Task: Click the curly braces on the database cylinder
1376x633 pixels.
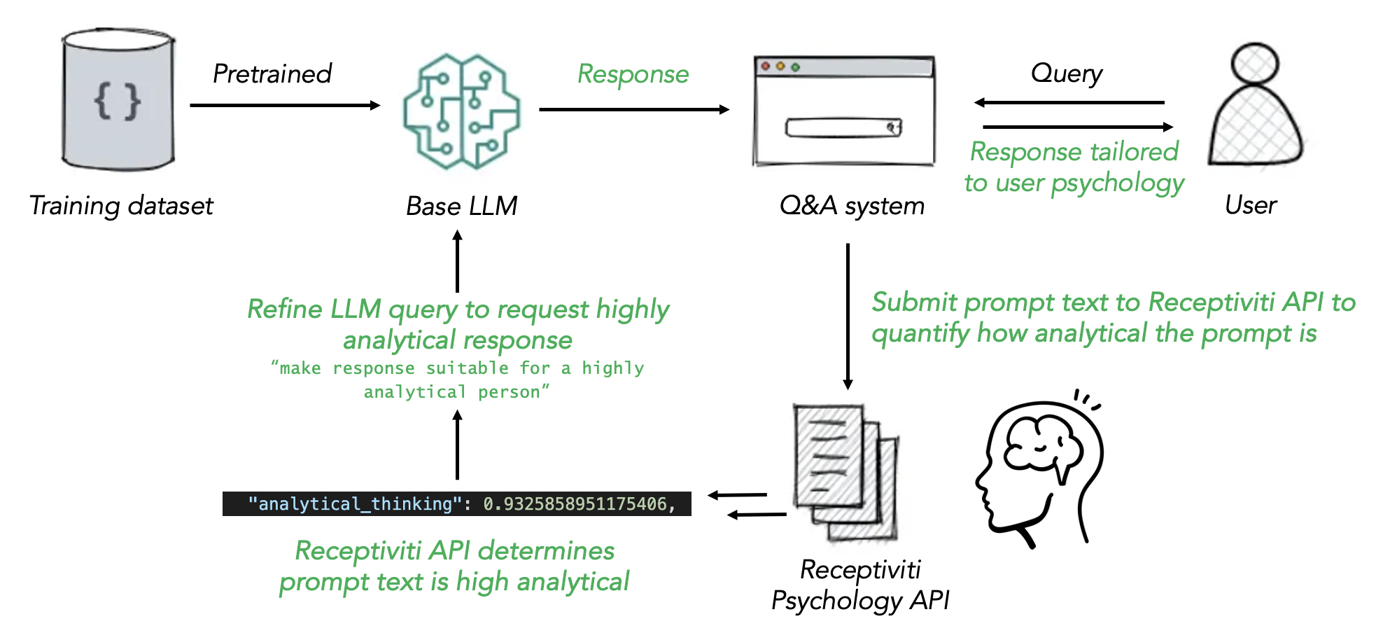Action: coord(118,102)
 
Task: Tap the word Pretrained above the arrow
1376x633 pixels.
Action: coord(272,74)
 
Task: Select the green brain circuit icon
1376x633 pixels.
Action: coord(461,112)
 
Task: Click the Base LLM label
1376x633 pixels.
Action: coord(461,206)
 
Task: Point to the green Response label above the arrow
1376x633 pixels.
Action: coord(633,74)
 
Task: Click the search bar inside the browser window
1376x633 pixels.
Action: coord(843,127)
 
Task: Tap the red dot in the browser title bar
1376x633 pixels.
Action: coord(766,66)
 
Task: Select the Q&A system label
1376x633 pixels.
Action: coord(852,206)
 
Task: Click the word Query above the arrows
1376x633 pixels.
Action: coord(1066,73)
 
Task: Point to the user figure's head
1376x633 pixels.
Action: coord(1255,64)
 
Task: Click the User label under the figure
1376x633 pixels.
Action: coord(1251,205)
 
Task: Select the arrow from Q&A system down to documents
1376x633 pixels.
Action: coord(848,315)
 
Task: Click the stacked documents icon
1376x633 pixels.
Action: coord(845,473)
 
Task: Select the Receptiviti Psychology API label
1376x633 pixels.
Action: coord(860,585)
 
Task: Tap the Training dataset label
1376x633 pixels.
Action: coord(121,206)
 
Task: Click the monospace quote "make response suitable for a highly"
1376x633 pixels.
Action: coord(457,368)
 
